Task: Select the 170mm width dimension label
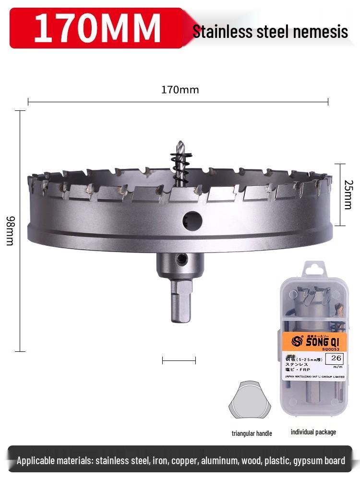pyautogui.click(x=180, y=90)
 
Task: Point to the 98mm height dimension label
pyautogui.click(x=10, y=231)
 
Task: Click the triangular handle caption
pyautogui.click(x=252, y=433)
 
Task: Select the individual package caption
pyautogui.click(x=313, y=432)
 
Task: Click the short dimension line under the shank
pyautogui.click(x=179, y=360)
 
